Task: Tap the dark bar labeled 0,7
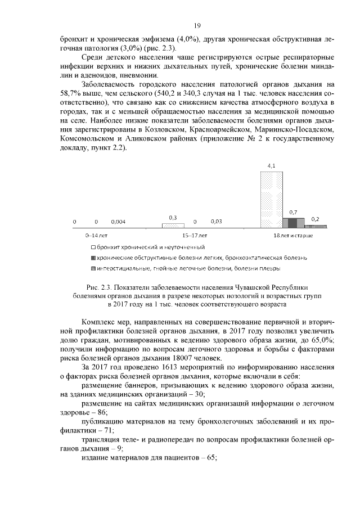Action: (292, 222)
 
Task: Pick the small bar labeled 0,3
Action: (173, 226)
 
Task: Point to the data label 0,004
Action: (118, 222)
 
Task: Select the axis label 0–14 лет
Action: (96, 235)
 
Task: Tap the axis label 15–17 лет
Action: (195, 235)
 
